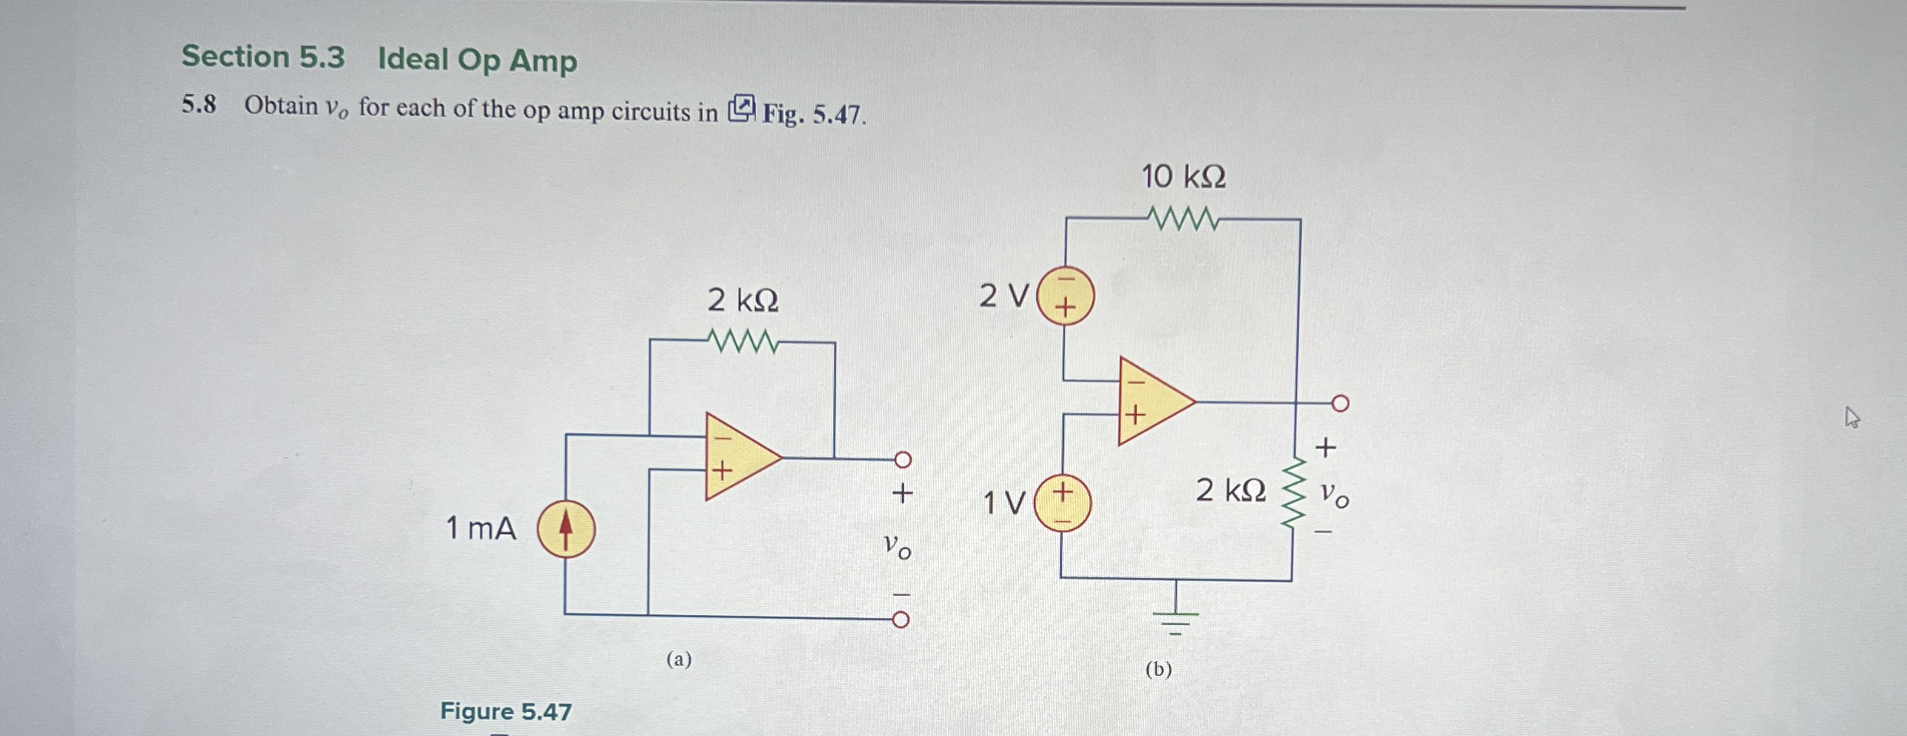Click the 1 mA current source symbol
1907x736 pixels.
click(x=566, y=529)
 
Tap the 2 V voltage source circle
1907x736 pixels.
click(x=1065, y=296)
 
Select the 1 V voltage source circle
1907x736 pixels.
click(x=1062, y=503)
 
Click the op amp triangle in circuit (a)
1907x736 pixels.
click(x=738, y=456)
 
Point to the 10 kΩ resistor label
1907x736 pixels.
click(x=1183, y=176)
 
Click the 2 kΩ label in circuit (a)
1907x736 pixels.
click(x=742, y=300)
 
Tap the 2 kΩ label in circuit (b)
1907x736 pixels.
click(x=1230, y=490)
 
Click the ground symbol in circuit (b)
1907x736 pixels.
click(x=1175, y=617)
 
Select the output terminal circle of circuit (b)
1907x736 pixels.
click(x=1340, y=403)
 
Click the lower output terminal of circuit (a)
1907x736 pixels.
click(x=900, y=620)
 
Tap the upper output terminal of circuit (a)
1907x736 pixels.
click(x=903, y=460)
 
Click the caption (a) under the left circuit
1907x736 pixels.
click(x=679, y=659)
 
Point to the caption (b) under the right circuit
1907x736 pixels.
click(x=1159, y=669)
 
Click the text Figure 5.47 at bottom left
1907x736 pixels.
click(x=506, y=711)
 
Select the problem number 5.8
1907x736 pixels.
click(x=199, y=104)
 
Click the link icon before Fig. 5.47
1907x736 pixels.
click(x=742, y=109)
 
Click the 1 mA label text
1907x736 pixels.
click(x=481, y=529)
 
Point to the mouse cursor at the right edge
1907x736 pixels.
click(x=1852, y=417)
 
